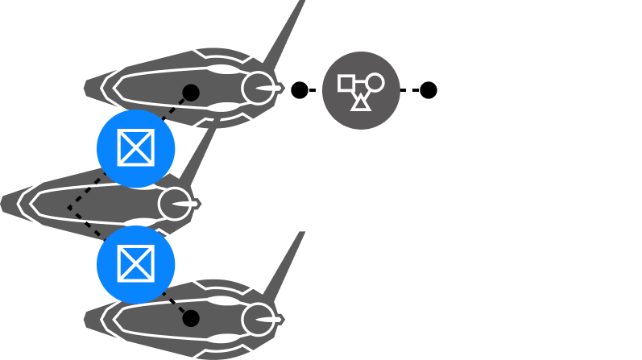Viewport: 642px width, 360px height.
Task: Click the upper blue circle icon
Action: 135,148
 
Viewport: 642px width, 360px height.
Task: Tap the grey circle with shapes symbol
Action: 361,89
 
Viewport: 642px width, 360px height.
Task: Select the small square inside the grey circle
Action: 347,83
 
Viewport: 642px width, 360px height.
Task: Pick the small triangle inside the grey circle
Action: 361,101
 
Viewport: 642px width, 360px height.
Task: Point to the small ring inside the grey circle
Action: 375,82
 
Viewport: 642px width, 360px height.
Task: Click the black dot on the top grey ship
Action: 191,92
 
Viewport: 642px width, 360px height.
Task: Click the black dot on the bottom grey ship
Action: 191,319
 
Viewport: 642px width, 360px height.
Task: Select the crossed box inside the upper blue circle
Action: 135,148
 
